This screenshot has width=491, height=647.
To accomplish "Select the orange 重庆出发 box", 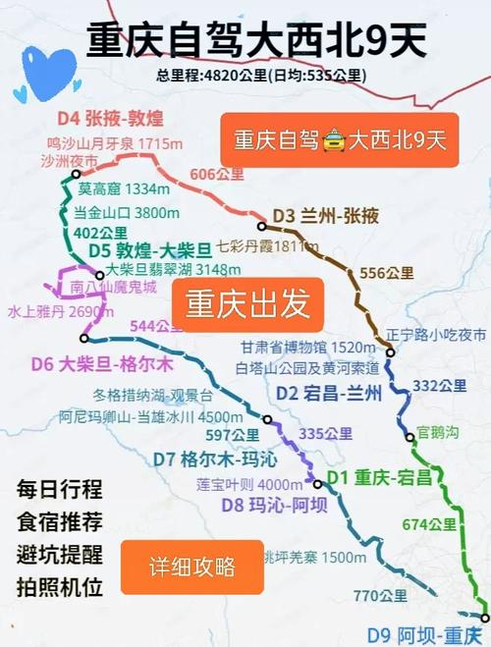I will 247,302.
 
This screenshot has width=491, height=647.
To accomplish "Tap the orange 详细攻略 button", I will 191,566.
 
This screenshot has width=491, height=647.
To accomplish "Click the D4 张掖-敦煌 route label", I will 109,120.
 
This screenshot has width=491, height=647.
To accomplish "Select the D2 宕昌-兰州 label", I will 316,392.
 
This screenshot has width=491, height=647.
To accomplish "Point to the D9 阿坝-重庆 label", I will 427,633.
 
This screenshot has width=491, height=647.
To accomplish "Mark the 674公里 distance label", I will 429,523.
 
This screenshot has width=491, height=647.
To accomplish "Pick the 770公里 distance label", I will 380,595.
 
